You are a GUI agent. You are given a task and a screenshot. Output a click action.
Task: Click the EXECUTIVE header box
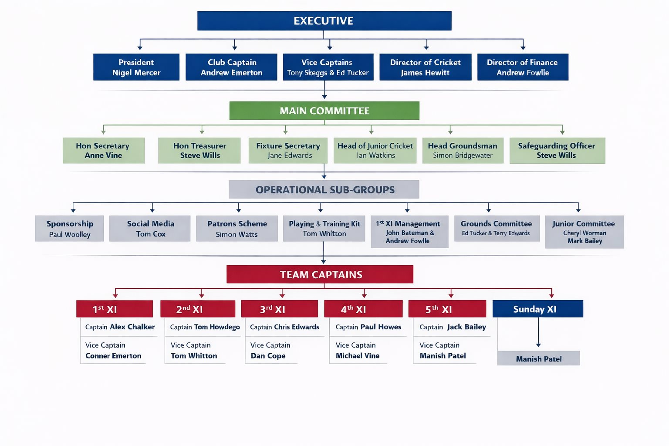[324, 21]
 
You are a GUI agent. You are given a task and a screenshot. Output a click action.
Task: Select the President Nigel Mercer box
[136, 67]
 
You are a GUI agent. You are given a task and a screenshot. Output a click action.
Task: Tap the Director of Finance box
[523, 67]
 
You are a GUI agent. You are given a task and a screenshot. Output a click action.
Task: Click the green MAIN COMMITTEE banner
[324, 111]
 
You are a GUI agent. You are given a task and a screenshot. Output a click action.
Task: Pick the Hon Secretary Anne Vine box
[103, 151]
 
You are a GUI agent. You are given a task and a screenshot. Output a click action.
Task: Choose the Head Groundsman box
[463, 151]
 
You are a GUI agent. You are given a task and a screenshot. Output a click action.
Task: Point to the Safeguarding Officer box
[557, 151]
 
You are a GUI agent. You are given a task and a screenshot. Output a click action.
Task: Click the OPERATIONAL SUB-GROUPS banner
[324, 189]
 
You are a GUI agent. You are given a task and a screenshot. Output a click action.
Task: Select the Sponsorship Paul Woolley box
[70, 229]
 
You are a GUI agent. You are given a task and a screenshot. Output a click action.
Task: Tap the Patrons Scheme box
[237, 229]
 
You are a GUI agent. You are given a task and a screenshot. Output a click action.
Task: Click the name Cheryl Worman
[585, 233]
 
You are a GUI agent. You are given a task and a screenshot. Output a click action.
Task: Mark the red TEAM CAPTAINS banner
[320, 274]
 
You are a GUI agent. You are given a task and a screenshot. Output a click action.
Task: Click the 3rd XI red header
[279, 309]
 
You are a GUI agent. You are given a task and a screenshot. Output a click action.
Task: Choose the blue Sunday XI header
[537, 309]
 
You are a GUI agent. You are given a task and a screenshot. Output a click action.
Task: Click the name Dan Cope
[268, 356]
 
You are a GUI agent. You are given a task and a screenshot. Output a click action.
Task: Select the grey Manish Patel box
[538, 358]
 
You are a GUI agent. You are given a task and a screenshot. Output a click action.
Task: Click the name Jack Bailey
[466, 327]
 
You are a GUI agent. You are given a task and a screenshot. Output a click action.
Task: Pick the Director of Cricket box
[425, 67]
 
